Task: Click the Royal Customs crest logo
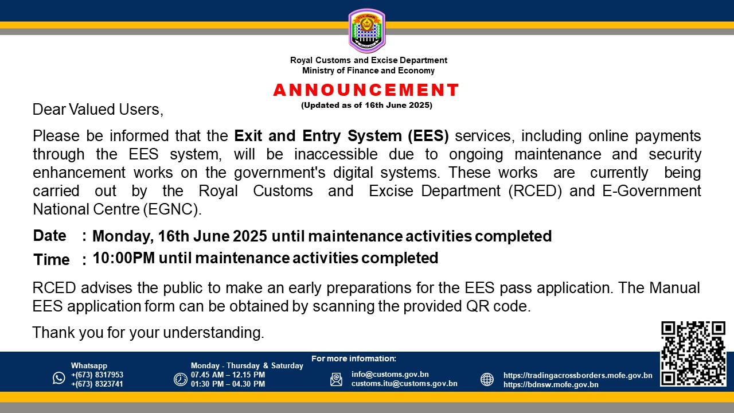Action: (x=366, y=30)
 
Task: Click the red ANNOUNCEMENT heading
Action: (x=366, y=90)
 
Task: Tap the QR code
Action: (x=693, y=353)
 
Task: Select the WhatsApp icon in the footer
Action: (x=59, y=378)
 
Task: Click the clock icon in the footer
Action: (x=181, y=379)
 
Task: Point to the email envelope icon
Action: (x=336, y=379)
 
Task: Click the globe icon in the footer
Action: (x=487, y=379)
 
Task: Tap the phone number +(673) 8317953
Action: (x=97, y=375)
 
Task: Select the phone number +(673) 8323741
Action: (x=97, y=384)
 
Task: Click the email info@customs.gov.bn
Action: (x=390, y=375)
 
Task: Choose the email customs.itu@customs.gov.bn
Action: (x=404, y=384)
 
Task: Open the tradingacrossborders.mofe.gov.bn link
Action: (x=577, y=375)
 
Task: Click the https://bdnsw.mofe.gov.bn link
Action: (x=551, y=384)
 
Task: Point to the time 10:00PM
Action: (x=123, y=258)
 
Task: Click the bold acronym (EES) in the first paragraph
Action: (x=428, y=136)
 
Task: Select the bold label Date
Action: (x=49, y=236)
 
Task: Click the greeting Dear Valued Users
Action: (x=97, y=110)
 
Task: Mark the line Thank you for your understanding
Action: (x=148, y=332)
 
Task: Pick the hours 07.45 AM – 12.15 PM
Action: (x=228, y=375)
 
